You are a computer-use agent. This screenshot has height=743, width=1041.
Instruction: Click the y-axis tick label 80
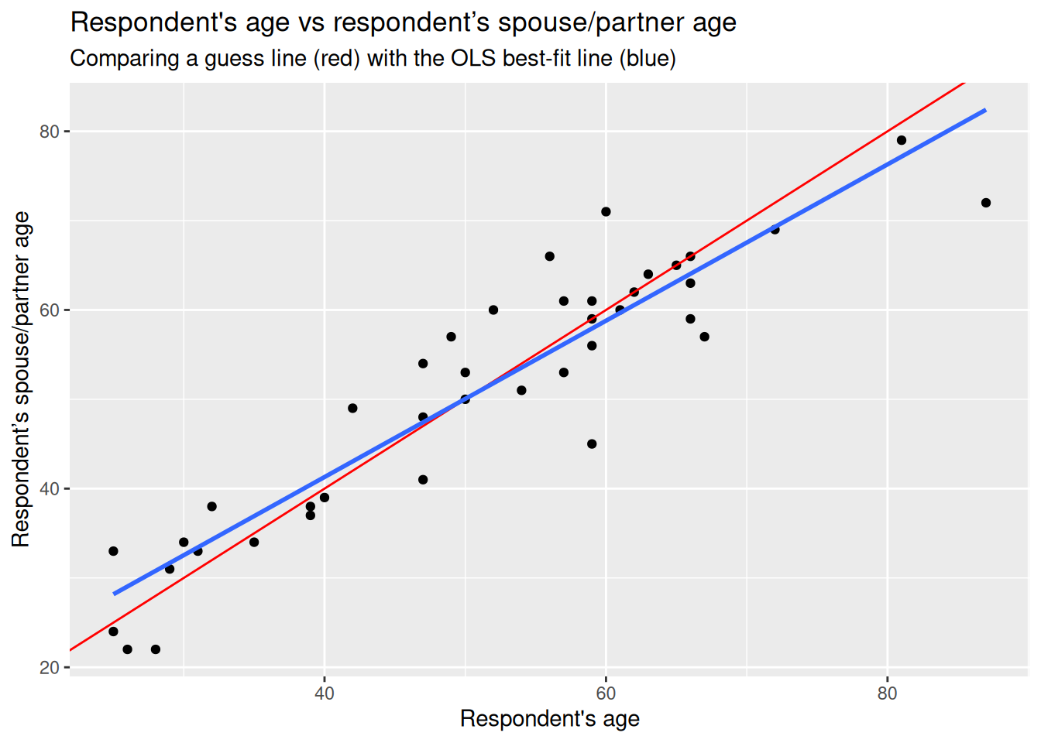50,132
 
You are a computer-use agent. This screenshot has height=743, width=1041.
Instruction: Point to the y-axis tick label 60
50,310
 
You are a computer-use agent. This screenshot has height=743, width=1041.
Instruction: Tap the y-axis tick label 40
50,489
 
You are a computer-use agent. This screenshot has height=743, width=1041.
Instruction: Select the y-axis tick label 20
50,668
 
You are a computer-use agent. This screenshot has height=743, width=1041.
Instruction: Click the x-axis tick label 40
325,693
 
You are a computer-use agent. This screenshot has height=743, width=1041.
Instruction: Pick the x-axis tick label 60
606,693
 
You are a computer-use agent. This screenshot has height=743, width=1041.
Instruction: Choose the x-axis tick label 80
887,693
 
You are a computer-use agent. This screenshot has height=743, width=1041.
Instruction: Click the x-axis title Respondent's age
549,719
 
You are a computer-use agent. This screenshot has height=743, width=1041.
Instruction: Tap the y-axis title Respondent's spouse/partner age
21,379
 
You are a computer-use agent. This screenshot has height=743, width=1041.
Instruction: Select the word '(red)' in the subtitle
337,58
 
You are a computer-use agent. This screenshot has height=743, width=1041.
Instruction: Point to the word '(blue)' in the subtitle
647,58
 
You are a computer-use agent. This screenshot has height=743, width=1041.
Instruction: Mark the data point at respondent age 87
986,203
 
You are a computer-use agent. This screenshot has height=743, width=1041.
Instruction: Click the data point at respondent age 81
902,140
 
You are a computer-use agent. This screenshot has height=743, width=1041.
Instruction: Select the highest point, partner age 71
606,212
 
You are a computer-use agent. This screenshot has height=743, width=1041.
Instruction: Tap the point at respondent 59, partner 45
592,444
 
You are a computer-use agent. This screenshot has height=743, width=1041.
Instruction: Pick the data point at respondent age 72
775,229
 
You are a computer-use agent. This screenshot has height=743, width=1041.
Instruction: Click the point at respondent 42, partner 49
352,408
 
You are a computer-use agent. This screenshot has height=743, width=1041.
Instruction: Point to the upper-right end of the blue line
985,110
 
